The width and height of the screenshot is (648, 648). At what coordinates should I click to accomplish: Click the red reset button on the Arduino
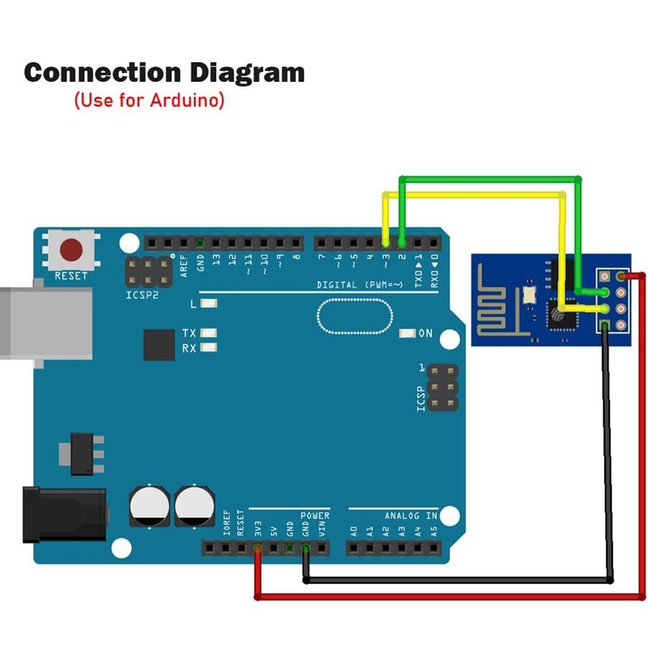pos(71,249)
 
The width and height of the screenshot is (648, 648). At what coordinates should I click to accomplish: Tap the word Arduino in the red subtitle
pos(187,100)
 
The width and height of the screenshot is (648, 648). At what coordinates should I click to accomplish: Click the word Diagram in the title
pos(247,73)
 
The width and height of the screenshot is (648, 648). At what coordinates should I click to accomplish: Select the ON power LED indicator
pos(407,333)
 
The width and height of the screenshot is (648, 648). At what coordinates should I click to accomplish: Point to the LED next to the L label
pos(209,303)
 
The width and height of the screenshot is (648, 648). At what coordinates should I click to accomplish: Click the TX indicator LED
pos(209,333)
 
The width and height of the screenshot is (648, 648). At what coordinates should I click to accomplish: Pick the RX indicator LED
pos(209,347)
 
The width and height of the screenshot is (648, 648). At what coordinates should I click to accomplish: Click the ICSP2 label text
pos(142,295)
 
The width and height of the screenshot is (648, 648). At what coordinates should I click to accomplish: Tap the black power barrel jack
pos(65,514)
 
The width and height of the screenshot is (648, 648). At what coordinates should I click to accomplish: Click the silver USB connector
pos(45,323)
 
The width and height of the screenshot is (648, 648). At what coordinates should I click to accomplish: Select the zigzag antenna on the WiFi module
pos(496,301)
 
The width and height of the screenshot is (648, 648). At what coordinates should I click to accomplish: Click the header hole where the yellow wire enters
pos(386,242)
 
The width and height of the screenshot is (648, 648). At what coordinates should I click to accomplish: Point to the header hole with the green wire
pos(402,242)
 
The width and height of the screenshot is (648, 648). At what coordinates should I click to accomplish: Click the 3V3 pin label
pos(258,528)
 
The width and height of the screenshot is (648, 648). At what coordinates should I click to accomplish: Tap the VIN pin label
pos(322,528)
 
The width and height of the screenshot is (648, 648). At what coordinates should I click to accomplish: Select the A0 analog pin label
pos(354,531)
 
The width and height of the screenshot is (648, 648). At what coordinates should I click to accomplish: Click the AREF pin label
pos(184,266)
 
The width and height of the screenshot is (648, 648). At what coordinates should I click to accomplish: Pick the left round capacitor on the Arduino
pos(149,506)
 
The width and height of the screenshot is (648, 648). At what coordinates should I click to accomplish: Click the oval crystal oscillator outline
pos(355,316)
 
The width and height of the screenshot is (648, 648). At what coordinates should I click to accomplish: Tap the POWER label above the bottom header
pos(315,515)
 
